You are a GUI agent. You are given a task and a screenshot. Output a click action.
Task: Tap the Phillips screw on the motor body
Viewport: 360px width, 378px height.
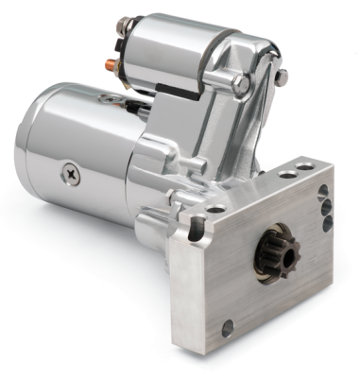[73, 172]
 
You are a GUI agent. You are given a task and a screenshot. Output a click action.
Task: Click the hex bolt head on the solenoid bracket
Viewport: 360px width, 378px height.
[244, 85]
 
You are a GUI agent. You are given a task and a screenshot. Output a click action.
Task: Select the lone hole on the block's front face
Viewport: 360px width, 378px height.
[228, 328]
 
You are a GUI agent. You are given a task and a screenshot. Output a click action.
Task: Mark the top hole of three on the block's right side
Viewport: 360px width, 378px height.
[324, 192]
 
